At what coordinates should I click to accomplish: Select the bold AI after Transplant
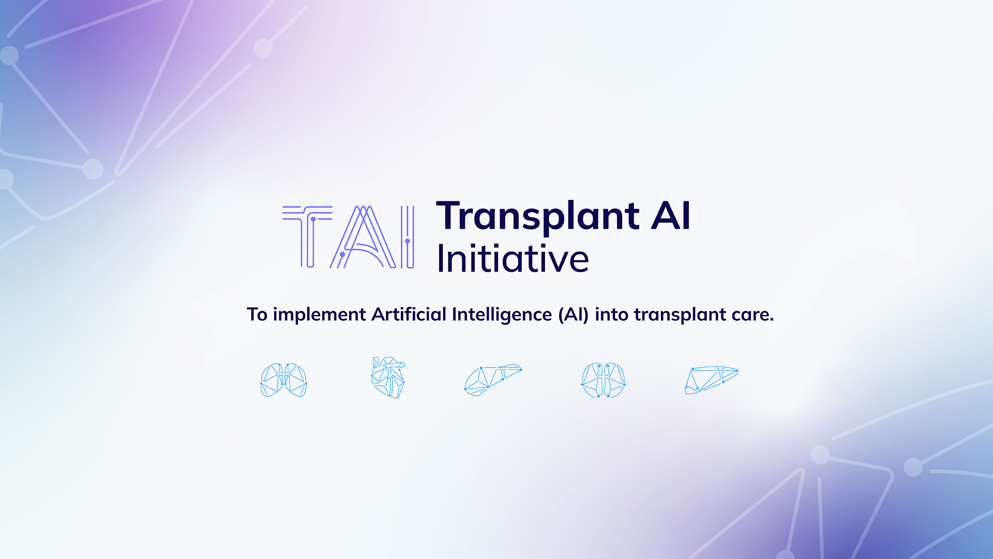(x=671, y=216)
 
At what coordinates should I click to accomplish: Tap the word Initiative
(x=513, y=258)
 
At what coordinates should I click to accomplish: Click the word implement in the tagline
(x=319, y=315)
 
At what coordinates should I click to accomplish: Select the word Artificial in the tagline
(x=409, y=314)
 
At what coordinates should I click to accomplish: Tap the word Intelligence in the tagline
(x=502, y=315)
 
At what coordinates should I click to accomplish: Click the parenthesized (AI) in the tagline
(x=574, y=315)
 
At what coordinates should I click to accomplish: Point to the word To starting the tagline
(x=257, y=315)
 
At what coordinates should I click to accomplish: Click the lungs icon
(x=283, y=380)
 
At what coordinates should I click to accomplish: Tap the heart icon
(x=388, y=378)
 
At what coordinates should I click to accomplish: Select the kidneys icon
(x=603, y=380)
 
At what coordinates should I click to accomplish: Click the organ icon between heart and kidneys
(x=493, y=380)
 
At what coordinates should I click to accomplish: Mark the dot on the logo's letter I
(x=408, y=241)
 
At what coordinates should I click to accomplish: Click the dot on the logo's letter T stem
(x=313, y=219)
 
